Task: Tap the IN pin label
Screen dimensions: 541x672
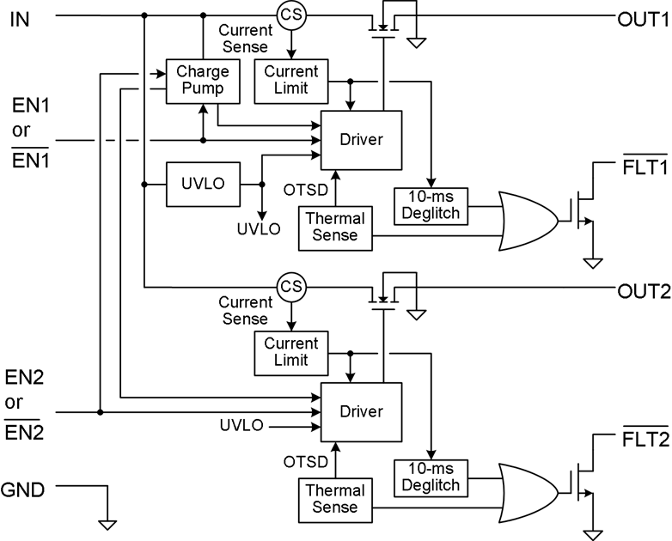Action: [x=20, y=16]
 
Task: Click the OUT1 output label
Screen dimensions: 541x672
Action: [x=642, y=16]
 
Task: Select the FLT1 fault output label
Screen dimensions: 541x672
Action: [x=644, y=167]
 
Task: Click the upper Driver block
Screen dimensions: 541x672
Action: [x=360, y=139]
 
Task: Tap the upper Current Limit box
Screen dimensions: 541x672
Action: [x=291, y=79]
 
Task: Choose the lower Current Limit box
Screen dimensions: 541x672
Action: [x=291, y=351]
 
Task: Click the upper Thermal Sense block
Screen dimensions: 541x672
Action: [x=334, y=228]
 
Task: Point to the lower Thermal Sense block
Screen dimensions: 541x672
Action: [x=334, y=499]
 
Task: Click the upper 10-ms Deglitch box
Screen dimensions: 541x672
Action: [x=431, y=206]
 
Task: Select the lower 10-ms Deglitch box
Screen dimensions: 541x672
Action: [x=431, y=477]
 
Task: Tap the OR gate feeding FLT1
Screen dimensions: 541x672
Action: [x=528, y=221]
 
